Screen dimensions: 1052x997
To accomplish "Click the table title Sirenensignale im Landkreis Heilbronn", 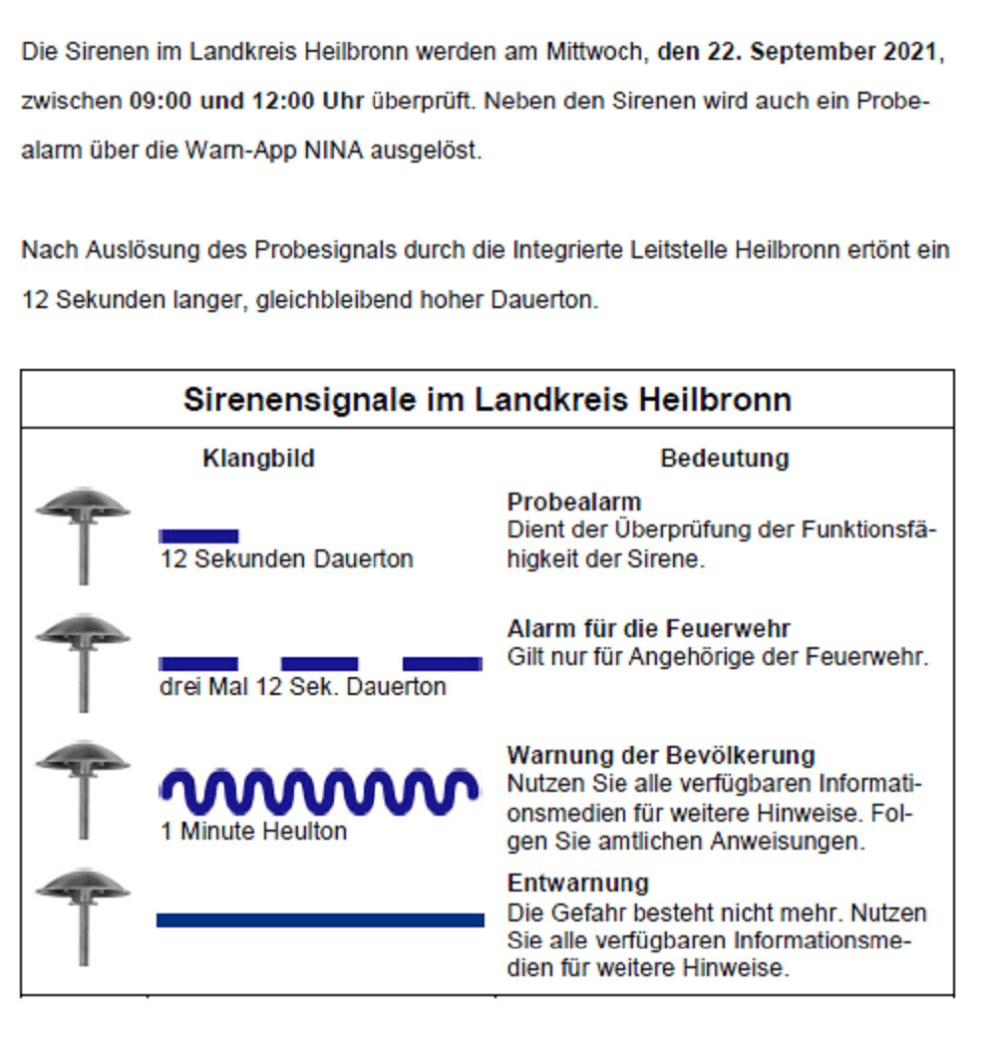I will [487, 400].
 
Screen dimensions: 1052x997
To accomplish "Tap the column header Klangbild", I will [258, 459].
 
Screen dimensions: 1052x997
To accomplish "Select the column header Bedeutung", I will [724, 459].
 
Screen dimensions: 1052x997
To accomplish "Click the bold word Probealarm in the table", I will [573, 502].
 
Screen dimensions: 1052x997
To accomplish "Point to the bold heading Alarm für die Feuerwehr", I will [648, 629].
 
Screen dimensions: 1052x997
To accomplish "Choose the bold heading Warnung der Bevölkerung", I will [661, 755].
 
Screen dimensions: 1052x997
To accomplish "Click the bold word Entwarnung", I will [577, 883].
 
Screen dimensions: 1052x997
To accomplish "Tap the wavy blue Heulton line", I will [319, 792].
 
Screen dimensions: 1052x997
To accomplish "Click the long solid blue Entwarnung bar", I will [320, 919].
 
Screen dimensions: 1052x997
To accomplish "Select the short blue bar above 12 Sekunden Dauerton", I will [198, 536].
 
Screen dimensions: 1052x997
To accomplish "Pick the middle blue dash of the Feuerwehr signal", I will [319, 664].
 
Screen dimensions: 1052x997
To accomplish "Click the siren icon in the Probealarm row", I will [83, 533].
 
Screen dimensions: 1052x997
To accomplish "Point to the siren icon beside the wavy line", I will [83, 788].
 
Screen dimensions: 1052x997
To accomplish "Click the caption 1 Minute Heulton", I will [253, 831].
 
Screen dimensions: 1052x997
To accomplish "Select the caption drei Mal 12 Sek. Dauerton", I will [302, 687].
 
